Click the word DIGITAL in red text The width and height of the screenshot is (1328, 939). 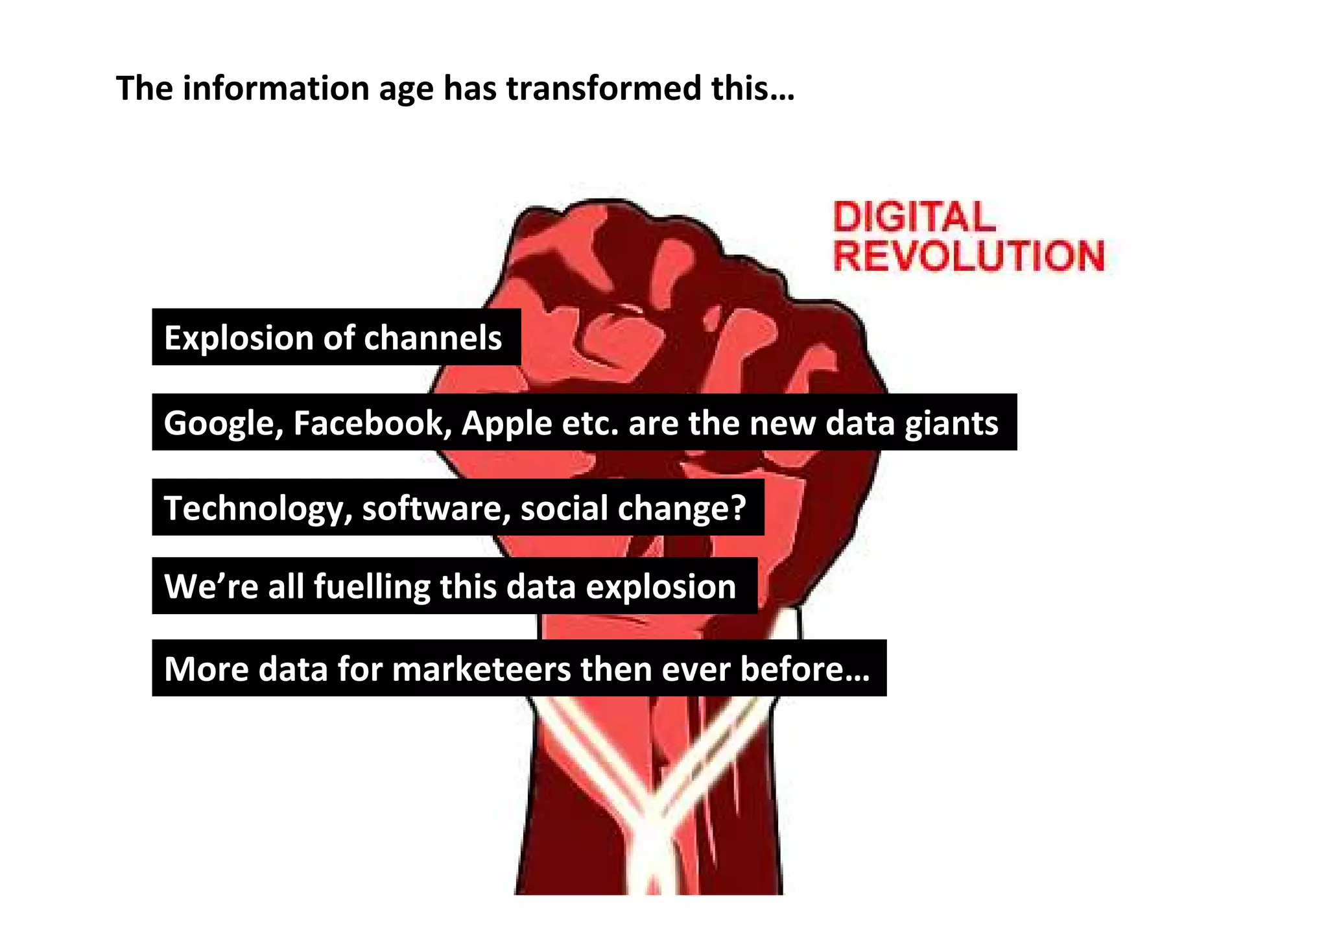(914, 217)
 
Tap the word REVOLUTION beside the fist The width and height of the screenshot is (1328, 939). (969, 256)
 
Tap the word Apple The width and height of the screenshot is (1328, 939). (506, 423)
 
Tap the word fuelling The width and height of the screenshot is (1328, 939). (372, 587)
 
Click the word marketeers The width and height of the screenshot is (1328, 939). (480, 669)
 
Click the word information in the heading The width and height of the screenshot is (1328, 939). (276, 88)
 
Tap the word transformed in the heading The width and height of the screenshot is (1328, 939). (604, 88)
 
